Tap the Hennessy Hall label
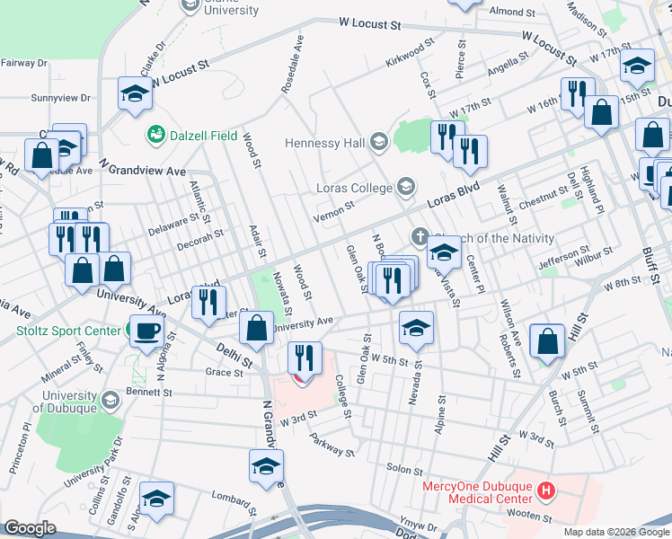tap(323, 142)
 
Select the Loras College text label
tap(342, 188)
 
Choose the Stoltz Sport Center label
tap(68, 331)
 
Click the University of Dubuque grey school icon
tap(111, 400)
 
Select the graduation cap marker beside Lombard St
tap(156, 499)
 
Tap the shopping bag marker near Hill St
tap(547, 341)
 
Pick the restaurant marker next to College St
tap(305, 358)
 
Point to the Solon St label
tap(404, 470)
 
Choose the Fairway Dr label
tap(24, 63)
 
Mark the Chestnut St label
tap(543, 200)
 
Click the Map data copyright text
tap(615, 532)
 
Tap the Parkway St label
tap(332, 445)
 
